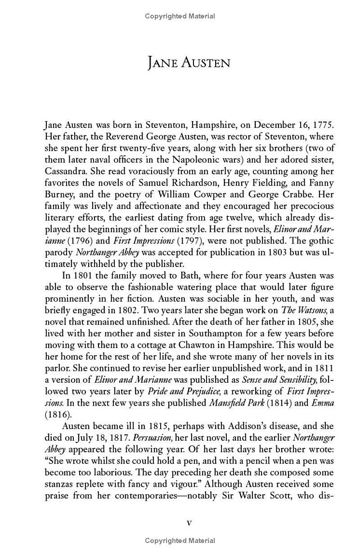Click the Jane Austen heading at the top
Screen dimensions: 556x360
tap(189, 63)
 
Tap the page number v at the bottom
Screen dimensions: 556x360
tap(189, 523)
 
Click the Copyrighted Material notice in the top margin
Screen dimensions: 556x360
tap(180, 16)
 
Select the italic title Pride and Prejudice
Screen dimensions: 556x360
tap(184, 391)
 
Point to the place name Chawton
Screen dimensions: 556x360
tap(202, 345)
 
